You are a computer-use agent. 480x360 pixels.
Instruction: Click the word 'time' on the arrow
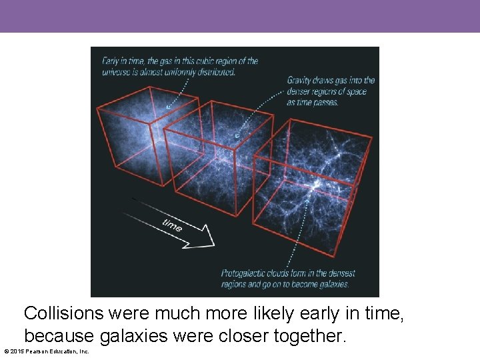point(172,225)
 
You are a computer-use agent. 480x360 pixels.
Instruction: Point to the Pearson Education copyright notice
point(47,351)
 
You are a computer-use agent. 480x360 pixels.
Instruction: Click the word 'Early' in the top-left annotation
point(111,61)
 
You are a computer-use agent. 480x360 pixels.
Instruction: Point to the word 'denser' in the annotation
point(299,91)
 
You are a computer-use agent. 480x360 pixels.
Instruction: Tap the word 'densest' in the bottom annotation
point(341,273)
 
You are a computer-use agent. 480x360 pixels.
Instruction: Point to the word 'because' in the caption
point(57,336)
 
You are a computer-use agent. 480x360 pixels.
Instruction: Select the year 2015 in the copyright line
point(17,351)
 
